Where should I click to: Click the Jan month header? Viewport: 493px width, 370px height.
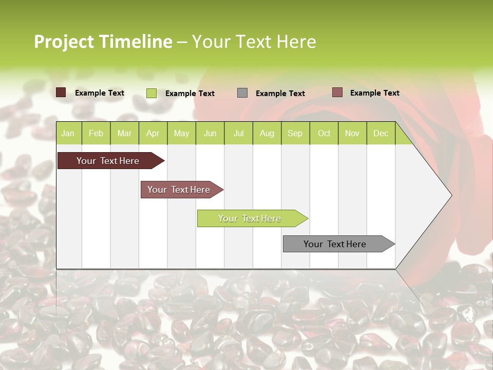pyautogui.click(x=68, y=133)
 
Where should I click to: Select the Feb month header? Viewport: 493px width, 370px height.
pyautogui.click(x=96, y=133)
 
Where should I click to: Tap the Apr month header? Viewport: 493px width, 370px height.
pyautogui.click(x=153, y=133)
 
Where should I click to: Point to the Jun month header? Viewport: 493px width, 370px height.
pyautogui.click(x=210, y=133)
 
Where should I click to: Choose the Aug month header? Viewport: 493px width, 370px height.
pyautogui.click(x=267, y=133)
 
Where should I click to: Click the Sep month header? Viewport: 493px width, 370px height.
pyautogui.click(x=295, y=133)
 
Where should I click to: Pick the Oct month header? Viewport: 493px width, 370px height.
pyautogui.click(x=324, y=133)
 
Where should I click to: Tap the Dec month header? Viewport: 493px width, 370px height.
pyautogui.click(x=381, y=133)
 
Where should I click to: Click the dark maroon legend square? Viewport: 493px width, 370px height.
pyautogui.click(x=61, y=92)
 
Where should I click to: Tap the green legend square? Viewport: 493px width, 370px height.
pyautogui.click(x=151, y=93)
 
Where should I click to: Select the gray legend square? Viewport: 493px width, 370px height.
pyautogui.click(x=242, y=93)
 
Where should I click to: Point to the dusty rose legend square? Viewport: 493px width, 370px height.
pyautogui.click(x=337, y=92)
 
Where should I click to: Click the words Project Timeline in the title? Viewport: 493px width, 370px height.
pyautogui.click(x=103, y=42)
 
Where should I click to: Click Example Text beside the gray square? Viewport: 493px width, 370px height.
pyautogui.click(x=280, y=94)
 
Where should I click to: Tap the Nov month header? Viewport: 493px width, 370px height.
pyautogui.click(x=352, y=133)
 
